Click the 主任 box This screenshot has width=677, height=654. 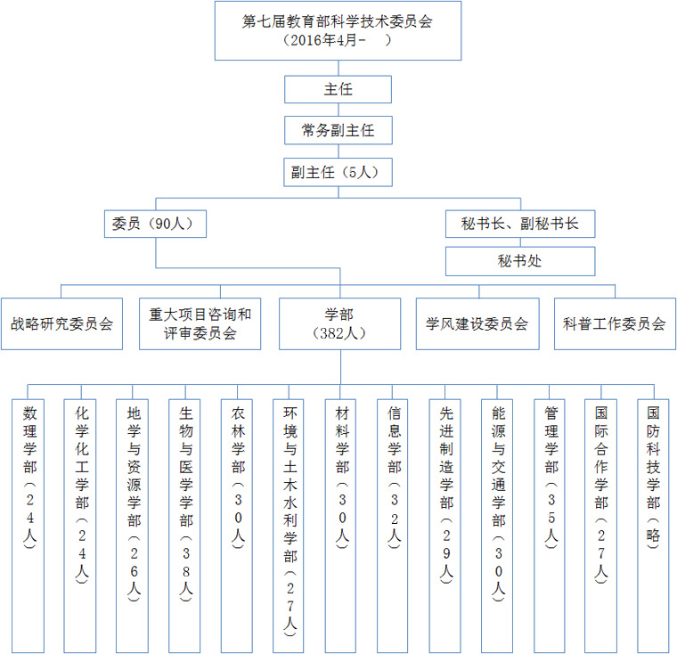[338, 89]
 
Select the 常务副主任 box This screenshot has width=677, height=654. [338, 130]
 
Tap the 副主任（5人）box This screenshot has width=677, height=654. [338, 172]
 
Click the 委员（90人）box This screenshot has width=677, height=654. [155, 224]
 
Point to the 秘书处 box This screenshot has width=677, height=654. [520, 261]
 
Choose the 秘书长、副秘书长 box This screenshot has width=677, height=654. [520, 224]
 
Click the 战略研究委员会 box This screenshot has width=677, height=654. [61, 323]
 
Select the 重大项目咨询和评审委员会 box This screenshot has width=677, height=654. [200, 323]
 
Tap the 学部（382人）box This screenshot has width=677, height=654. [339, 323]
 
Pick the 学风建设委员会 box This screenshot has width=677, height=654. [477, 323]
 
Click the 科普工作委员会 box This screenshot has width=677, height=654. [615, 323]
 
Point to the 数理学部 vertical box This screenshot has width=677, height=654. [29, 526]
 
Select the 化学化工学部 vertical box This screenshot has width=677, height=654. [80, 526]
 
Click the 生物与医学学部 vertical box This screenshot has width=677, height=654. [184, 526]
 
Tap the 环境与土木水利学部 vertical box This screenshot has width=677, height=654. [289, 526]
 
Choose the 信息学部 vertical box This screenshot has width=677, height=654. [393, 526]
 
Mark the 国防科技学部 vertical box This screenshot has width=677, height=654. [653, 526]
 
